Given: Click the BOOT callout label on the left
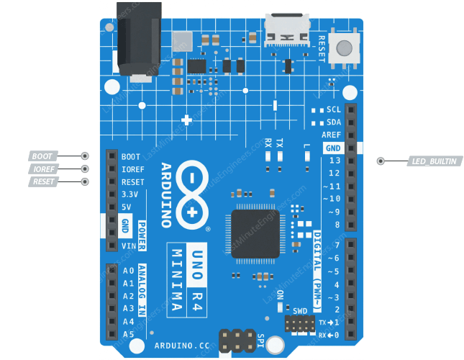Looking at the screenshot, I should (x=43, y=156).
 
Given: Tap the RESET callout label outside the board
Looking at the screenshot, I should (x=43, y=181).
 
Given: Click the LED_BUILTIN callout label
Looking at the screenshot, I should (x=434, y=161).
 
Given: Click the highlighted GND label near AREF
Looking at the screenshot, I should (x=333, y=148).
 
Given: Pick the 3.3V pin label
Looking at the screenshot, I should (x=129, y=194).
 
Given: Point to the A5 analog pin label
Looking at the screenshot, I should (x=129, y=334).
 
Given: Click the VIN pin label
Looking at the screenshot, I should (x=129, y=246).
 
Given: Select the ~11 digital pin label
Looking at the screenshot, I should (x=331, y=186).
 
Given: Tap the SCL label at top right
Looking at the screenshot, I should (x=334, y=110).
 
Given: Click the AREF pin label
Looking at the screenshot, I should (x=332, y=135).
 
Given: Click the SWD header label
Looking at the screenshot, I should (x=299, y=312).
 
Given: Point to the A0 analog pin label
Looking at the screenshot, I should (x=129, y=271).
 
